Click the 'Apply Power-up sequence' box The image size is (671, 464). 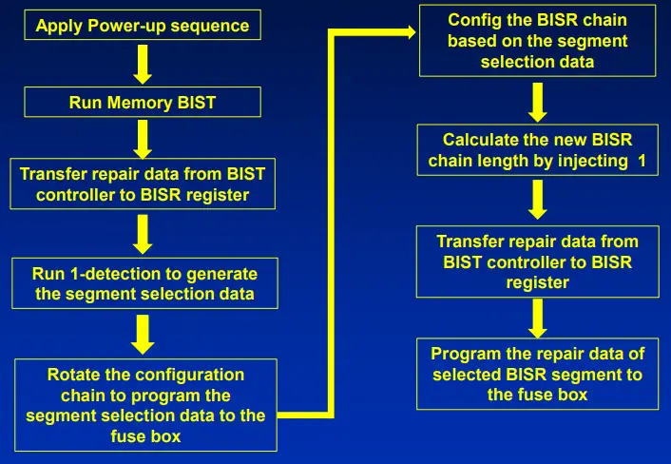point(143,25)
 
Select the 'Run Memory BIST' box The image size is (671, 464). point(143,103)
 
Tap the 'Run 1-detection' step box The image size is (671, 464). point(144,283)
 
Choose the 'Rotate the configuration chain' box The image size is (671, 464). point(145,405)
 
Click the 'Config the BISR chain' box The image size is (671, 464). point(537,41)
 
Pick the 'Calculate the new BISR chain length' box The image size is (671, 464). point(537,149)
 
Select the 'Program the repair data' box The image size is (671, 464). point(539,374)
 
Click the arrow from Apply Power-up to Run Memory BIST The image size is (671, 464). point(143,64)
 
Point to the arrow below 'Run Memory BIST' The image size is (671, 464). point(143,138)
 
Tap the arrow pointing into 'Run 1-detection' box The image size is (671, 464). point(143,234)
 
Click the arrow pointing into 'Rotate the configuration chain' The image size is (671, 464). point(143,334)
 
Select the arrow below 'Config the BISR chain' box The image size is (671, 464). point(538,101)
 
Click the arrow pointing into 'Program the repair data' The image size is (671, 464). point(538,318)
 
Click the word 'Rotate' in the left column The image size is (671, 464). point(73,375)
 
